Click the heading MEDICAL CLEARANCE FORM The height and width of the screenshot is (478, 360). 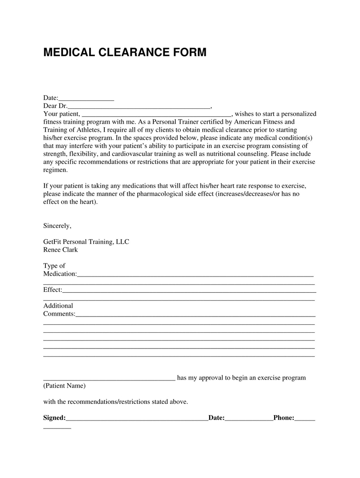[125, 53]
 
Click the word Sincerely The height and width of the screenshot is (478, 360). [57, 226]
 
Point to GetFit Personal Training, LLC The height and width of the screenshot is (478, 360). [86, 242]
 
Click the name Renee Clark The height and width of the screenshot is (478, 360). [60, 250]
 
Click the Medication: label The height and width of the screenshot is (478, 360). [60, 274]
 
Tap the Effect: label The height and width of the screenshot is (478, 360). [53, 290]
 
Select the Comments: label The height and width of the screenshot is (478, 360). [59, 314]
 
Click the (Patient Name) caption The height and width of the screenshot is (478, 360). [64, 386]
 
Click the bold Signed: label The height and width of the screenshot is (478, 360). [54, 418]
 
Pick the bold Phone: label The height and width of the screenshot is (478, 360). [284, 418]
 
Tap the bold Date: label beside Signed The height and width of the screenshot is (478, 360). [216, 418]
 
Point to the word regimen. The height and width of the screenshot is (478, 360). [55, 170]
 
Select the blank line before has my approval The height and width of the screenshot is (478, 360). [109, 379]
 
